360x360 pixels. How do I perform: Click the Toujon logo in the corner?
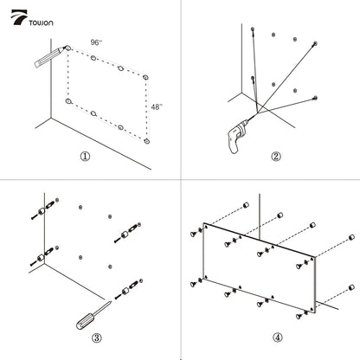[32, 18]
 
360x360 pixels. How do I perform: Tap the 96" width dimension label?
[96, 42]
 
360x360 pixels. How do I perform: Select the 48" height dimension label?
[157, 107]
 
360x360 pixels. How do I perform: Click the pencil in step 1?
[50, 57]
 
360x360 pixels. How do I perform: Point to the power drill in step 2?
[238, 136]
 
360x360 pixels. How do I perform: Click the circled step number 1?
[85, 157]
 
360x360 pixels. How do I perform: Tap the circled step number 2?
[276, 157]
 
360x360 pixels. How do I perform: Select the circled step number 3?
[97, 337]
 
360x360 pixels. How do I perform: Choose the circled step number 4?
[277, 337]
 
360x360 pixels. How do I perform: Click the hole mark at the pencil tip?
[68, 48]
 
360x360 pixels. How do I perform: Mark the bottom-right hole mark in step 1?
[147, 141]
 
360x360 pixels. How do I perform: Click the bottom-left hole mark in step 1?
[68, 101]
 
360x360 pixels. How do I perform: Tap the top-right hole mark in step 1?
[145, 77]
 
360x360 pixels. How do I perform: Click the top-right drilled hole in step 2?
[315, 43]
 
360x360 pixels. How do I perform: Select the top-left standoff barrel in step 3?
[42, 212]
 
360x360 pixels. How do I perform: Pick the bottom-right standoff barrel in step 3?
[125, 292]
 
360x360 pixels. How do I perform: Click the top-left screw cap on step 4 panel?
[193, 234]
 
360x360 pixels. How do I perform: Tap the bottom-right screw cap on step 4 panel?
[299, 317]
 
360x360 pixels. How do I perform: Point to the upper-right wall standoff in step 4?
[351, 237]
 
